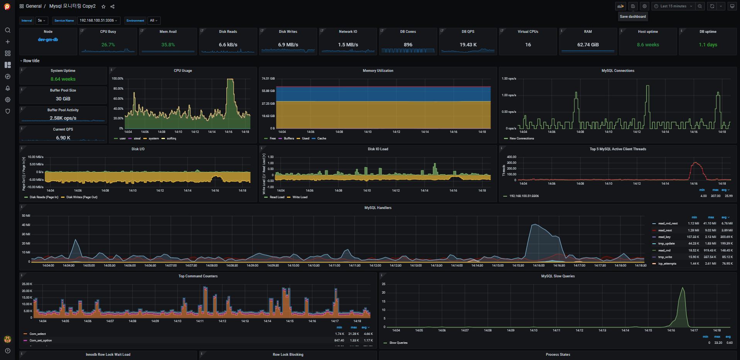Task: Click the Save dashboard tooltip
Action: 633,17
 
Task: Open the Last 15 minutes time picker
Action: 673,6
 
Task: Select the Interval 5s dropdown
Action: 41,20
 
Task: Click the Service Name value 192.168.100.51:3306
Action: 98,20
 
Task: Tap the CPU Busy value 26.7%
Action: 108,45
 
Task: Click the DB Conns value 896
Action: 408,45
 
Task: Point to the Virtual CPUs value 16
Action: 528,45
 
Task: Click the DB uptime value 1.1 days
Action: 708,45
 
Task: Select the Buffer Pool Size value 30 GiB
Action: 63,99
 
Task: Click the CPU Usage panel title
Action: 183,71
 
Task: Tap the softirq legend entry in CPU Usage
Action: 171,138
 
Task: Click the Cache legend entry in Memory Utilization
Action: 321,138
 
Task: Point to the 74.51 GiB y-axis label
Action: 268,78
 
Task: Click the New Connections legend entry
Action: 521,138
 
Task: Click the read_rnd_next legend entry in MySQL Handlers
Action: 668,223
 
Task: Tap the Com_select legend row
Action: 37,334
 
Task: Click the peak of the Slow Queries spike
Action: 682,288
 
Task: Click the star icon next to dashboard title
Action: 104,7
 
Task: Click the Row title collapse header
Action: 31,61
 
